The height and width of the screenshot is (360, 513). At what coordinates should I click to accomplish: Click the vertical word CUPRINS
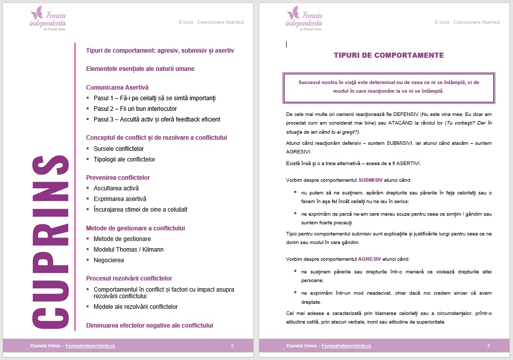[50, 242]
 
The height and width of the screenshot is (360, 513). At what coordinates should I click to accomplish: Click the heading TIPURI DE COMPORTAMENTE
[388, 55]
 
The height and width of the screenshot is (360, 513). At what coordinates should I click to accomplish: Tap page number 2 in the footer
[232, 346]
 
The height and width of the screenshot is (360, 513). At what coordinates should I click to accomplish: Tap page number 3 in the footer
[488, 346]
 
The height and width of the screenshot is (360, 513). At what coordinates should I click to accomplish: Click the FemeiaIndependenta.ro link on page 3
[346, 346]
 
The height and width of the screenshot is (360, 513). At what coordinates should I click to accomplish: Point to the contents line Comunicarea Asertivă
[117, 88]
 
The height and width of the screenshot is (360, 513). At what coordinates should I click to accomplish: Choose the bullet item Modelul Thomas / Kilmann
[129, 250]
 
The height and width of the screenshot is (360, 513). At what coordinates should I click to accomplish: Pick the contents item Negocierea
[109, 260]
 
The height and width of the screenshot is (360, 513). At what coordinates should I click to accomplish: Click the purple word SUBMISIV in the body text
[371, 180]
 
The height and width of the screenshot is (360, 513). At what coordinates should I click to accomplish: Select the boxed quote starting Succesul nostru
[388, 87]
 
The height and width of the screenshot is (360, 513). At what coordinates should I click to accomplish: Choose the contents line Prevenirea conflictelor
[118, 178]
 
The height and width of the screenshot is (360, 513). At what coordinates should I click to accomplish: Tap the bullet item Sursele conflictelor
[119, 149]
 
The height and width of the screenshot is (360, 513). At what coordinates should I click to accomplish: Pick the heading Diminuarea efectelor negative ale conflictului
[149, 325]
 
